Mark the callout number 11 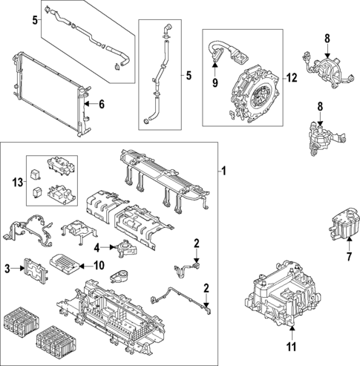click(x=291, y=347)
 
